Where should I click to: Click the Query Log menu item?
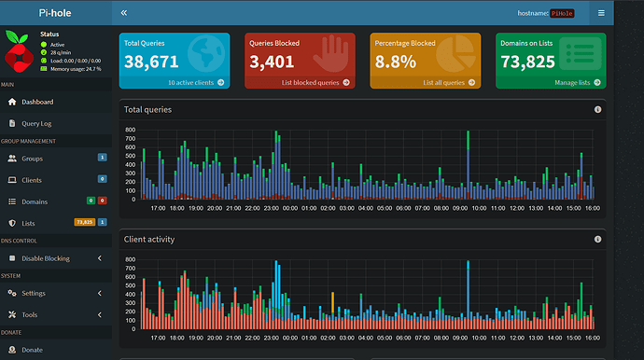pyautogui.click(x=37, y=122)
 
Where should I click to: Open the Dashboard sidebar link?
pyautogui.click(x=37, y=102)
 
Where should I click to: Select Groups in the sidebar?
pyautogui.click(x=33, y=159)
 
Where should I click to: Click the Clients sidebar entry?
pyautogui.click(x=32, y=179)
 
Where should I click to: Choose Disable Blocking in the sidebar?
pyautogui.click(x=46, y=257)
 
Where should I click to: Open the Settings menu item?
pyautogui.click(x=34, y=293)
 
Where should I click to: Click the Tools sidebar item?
pyautogui.click(x=30, y=314)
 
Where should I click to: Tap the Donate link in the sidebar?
pyautogui.click(x=32, y=350)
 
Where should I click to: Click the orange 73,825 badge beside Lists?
pyautogui.click(x=84, y=222)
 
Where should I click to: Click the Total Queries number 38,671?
pyautogui.click(x=151, y=62)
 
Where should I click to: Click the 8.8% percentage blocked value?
pyautogui.click(x=396, y=62)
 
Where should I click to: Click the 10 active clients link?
pyautogui.click(x=194, y=82)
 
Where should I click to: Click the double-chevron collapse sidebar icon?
pyautogui.click(x=124, y=13)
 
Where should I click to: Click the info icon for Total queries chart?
pyautogui.click(x=597, y=109)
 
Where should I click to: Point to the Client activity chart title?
pyautogui.click(x=149, y=239)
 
